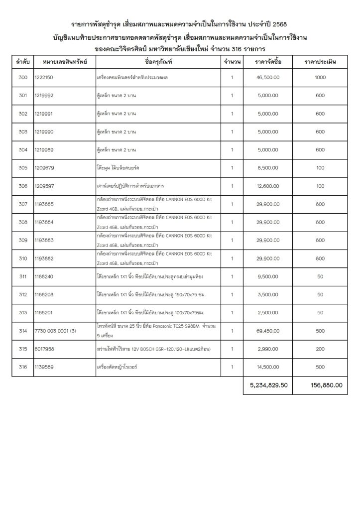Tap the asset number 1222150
(x=44, y=78)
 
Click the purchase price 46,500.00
(x=267, y=78)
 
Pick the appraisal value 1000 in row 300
(x=320, y=78)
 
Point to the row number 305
(x=22, y=167)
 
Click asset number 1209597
(x=45, y=186)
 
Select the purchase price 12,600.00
(x=267, y=186)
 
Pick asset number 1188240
(x=45, y=276)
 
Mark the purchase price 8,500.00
(x=267, y=167)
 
